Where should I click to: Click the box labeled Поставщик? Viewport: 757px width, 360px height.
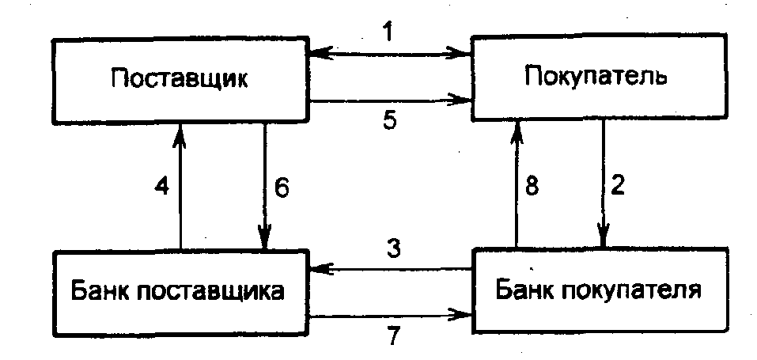tap(180, 79)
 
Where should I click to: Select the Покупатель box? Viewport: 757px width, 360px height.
tap(597, 78)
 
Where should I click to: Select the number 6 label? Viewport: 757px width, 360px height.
tap(283, 188)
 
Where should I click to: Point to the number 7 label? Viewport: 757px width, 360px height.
tap(394, 335)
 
